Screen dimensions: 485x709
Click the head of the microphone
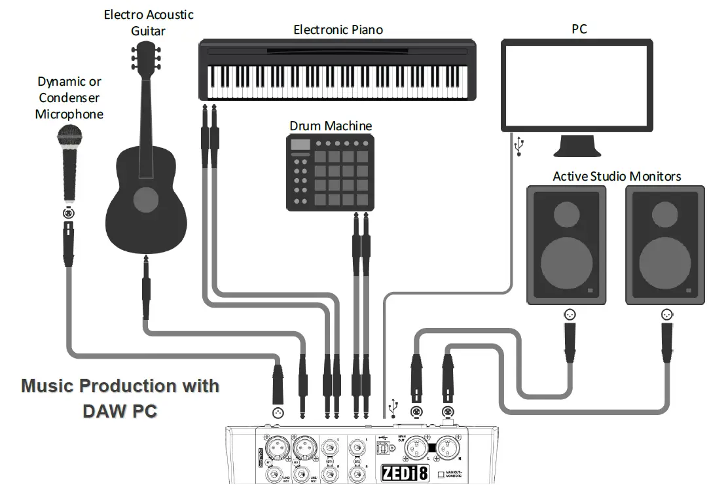69,138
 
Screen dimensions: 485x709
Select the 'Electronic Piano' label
338,29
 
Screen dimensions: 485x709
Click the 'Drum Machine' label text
331,125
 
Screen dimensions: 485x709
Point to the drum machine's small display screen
300,145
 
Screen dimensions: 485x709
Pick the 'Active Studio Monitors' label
617,176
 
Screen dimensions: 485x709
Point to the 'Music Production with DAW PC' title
120,398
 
